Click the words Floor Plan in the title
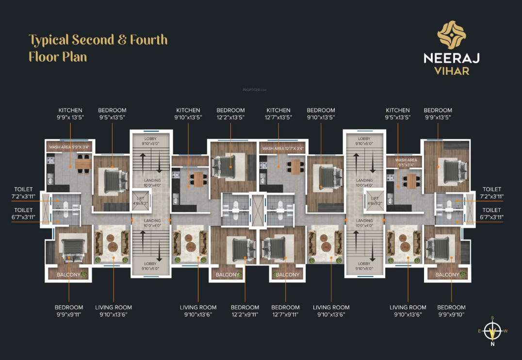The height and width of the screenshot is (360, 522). coord(58,57)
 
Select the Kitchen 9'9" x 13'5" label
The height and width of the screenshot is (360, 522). coord(70,114)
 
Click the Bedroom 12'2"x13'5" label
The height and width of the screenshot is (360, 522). coord(230,114)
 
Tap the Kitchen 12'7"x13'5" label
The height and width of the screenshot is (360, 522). coord(278,114)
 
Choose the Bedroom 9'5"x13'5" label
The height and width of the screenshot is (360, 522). coord(112,114)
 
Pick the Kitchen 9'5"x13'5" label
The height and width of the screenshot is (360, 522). coord(398,114)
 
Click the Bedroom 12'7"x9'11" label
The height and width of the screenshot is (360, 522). coord(285,311)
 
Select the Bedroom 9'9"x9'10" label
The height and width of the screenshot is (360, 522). coord(451,311)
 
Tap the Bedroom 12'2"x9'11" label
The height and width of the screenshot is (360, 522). coord(245,311)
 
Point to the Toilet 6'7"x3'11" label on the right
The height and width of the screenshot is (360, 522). coord(493,213)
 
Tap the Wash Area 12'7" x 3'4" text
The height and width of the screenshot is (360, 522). coord(283,148)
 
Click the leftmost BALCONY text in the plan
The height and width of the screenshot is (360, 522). coord(68,275)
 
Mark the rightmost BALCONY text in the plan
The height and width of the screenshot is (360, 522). coord(447,275)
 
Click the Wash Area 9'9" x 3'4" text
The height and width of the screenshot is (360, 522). coord(70,146)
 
